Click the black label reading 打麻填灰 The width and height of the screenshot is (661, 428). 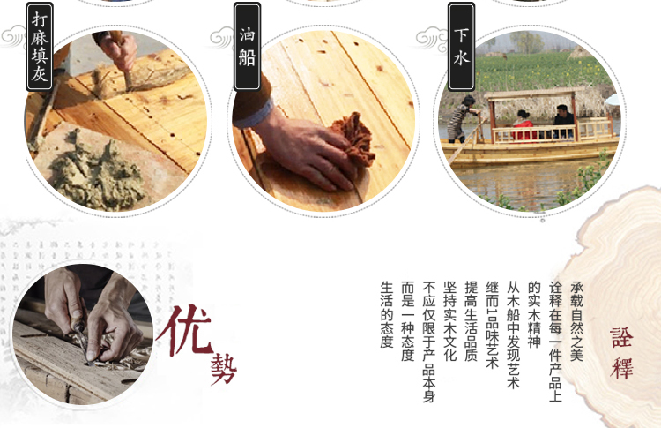[x=40, y=47]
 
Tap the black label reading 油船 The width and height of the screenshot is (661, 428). [x=247, y=47]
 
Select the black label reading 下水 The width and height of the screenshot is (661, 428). [x=461, y=47]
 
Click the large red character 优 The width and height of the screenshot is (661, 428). [x=185, y=331]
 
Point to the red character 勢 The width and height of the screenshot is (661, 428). [x=224, y=369]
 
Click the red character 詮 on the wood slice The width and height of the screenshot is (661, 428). [x=621, y=338]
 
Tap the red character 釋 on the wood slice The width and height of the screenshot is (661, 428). [x=621, y=368]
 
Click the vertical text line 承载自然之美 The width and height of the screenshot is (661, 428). [x=576, y=321]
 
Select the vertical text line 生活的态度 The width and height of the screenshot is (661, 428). [x=387, y=314]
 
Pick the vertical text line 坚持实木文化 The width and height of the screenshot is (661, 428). [x=449, y=321]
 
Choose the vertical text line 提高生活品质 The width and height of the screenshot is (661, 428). [x=471, y=321]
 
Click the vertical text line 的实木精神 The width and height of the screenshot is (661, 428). [x=534, y=314]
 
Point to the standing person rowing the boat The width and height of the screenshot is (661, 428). [x=462, y=119]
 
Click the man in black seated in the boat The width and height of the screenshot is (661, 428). [x=563, y=120]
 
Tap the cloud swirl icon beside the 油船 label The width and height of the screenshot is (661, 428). [x=221, y=38]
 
